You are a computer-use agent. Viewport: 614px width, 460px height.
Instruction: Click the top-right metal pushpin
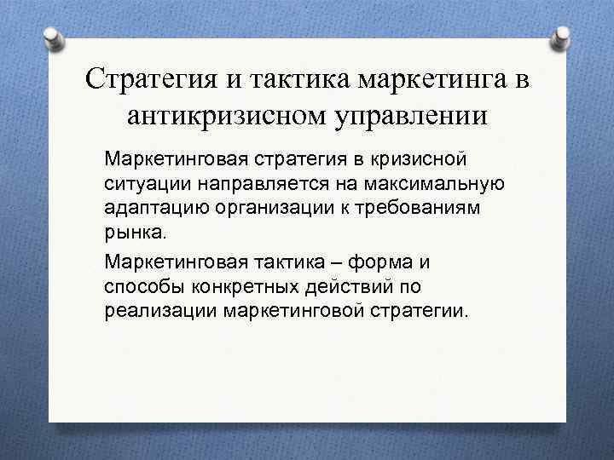(563, 35)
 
